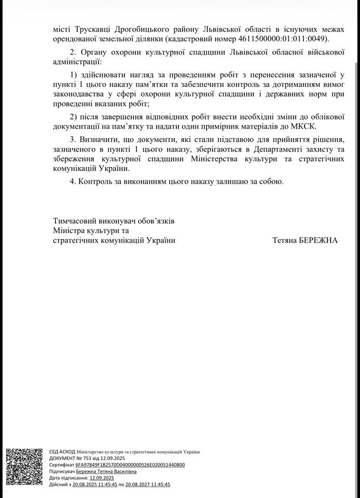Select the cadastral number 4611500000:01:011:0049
[283, 39]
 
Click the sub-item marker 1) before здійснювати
[73, 75]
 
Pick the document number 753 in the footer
[82, 459]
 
